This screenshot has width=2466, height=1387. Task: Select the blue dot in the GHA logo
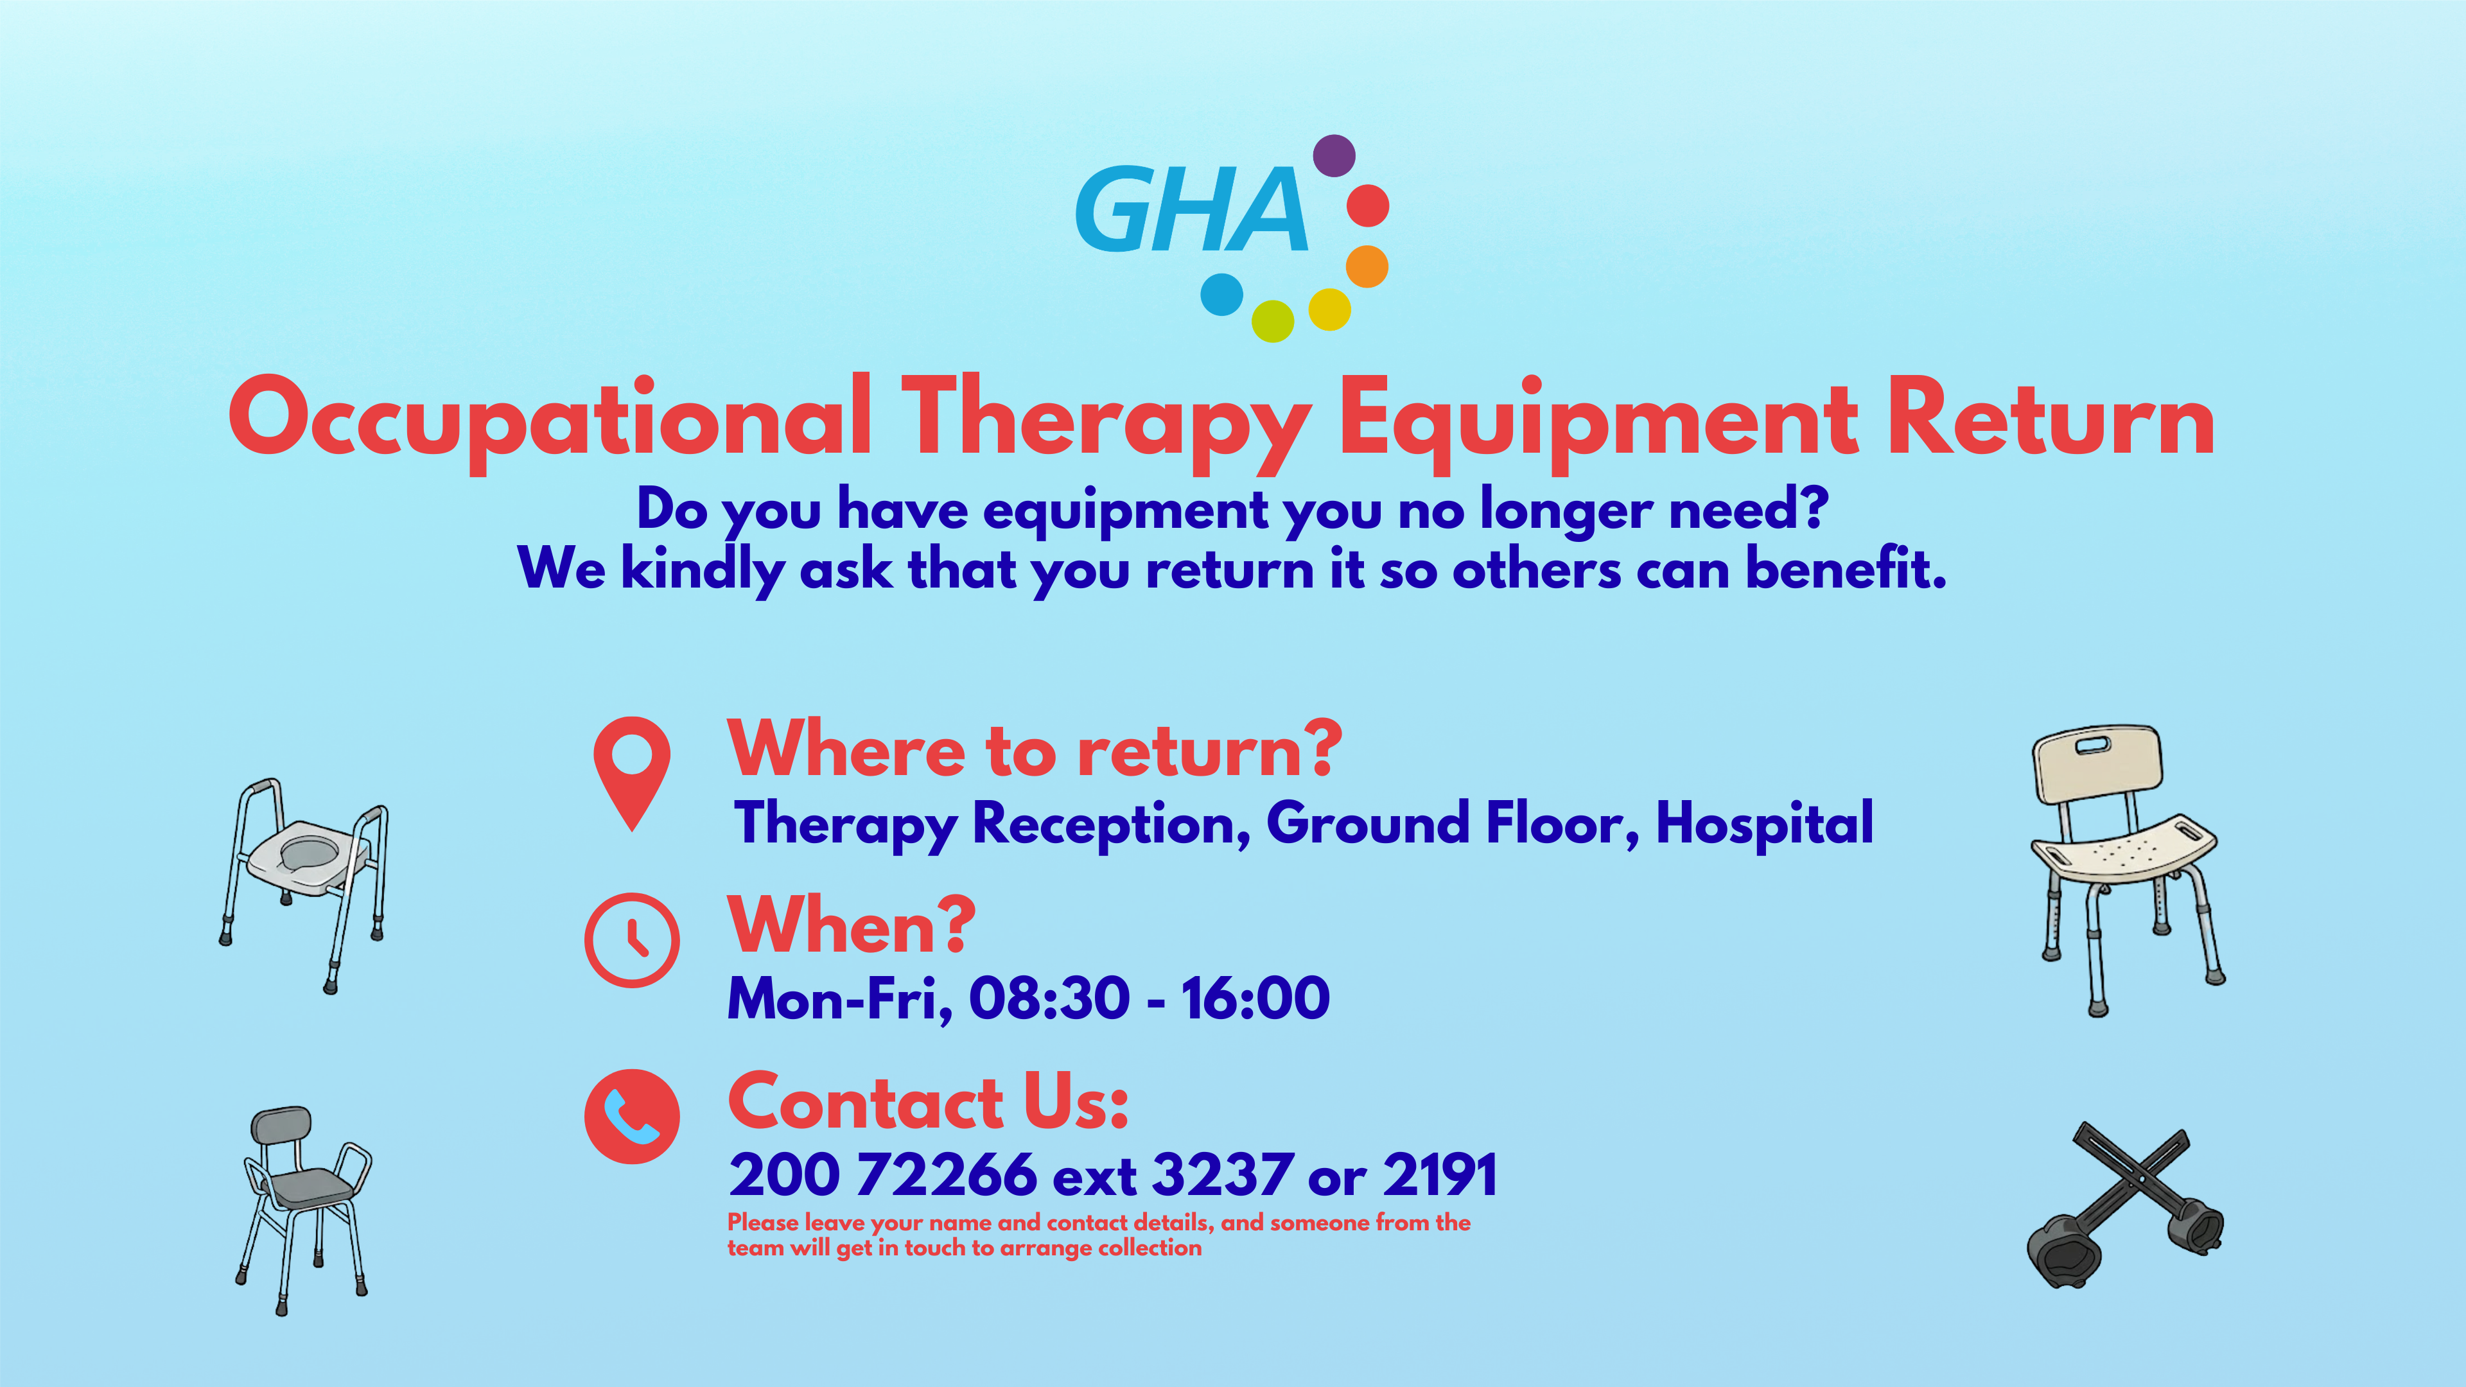coord(1221,294)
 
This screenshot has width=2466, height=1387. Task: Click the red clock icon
coord(632,940)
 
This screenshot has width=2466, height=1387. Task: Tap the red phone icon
coord(632,1116)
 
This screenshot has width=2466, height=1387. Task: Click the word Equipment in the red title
coord(1598,422)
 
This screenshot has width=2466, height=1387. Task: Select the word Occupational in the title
coord(550,422)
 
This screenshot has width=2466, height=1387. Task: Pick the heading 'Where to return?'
coord(1035,749)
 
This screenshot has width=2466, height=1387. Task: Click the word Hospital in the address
coord(1764,823)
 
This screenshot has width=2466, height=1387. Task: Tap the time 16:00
coord(1255,999)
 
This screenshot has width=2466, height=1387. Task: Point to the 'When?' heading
coord(851,925)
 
